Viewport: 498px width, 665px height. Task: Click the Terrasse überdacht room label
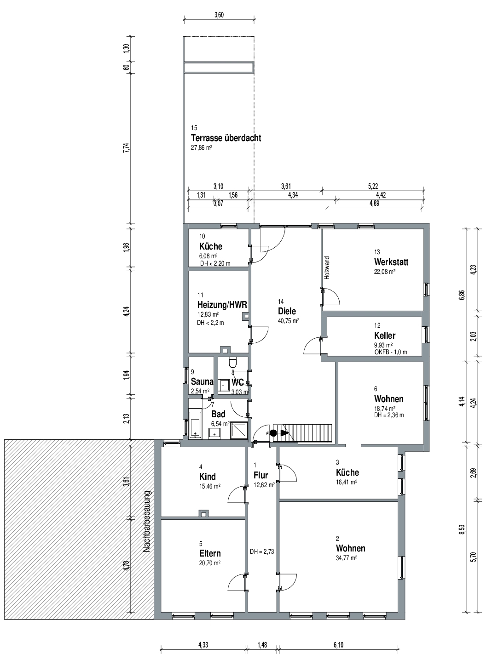(x=226, y=138)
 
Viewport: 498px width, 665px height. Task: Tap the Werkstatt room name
(x=391, y=262)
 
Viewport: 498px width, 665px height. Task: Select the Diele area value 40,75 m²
(x=289, y=321)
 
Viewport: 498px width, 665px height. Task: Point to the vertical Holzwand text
(x=327, y=268)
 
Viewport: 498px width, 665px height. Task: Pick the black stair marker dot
(x=273, y=433)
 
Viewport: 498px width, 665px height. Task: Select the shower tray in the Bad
(x=239, y=431)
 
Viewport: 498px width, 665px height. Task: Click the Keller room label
(x=385, y=335)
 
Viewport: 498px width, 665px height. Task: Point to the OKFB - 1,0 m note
(x=391, y=352)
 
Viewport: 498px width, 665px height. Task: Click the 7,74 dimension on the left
(x=127, y=148)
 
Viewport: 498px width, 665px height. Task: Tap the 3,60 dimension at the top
(x=219, y=15)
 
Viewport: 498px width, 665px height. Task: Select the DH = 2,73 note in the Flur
(x=262, y=551)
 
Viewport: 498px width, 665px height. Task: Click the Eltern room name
(x=210, y=553)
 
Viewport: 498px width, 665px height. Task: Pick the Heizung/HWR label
(x=222, y=305)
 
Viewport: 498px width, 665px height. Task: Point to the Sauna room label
(x=202, y=381)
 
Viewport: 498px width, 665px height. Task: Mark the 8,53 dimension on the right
(x=463, y=529)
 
